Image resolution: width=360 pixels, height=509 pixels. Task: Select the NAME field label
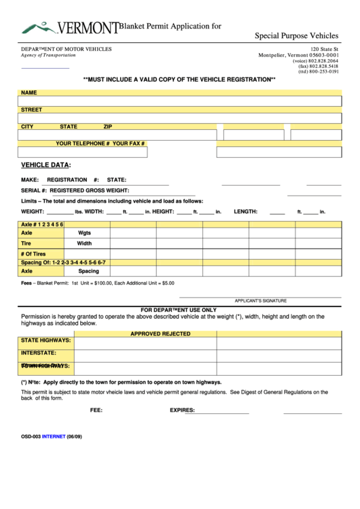tap(29, 92)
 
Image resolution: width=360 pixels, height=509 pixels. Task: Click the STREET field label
tap(31, 109)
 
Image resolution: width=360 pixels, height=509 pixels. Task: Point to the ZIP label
tap(107, 126)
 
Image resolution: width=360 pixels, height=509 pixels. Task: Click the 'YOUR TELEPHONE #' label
tap(82, 143)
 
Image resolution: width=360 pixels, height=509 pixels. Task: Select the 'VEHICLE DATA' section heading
tap(45, 164)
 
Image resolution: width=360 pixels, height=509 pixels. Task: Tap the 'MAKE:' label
tap(29, 179)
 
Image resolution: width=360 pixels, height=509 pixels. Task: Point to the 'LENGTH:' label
tap(245, 211)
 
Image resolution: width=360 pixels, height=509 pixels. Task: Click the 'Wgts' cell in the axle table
tap(84, 232)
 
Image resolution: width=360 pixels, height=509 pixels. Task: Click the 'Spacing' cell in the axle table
tap(88, 270)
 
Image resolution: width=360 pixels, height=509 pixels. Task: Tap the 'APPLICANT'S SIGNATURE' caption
tap(260, 300)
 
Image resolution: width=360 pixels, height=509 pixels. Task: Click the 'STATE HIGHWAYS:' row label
tap(46, 340)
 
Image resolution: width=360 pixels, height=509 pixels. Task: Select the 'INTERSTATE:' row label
tap(38, 353)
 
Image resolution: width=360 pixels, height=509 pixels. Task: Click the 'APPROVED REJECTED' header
tap(160, 334)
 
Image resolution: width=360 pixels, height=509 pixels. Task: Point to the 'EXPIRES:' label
tap(182, 410)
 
